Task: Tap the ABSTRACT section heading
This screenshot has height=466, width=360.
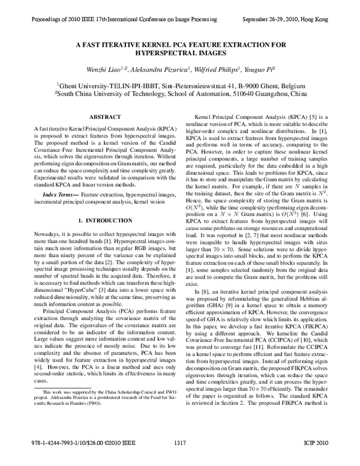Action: click(104, 116)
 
